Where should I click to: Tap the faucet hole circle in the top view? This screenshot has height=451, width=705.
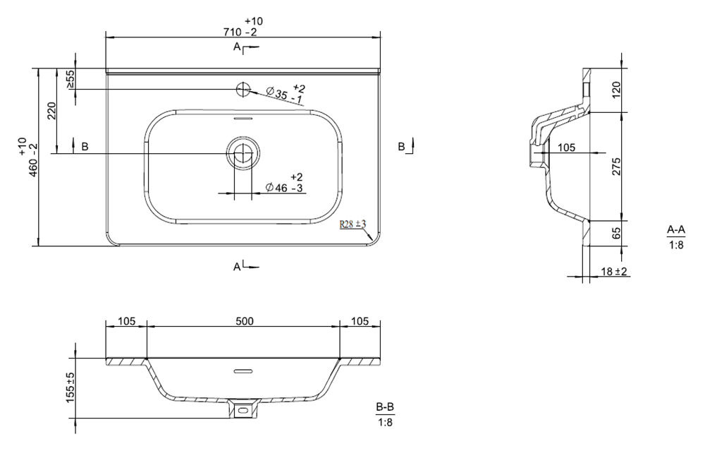coord(243,90)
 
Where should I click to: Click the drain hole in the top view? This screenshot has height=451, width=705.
coord(243,153)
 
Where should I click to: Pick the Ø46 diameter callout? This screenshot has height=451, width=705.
coord(284,182)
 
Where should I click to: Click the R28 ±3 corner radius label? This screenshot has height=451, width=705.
coord(353,224)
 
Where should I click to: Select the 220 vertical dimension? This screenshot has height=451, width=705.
coord(51,111)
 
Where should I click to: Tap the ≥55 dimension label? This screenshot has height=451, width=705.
coord(70,79)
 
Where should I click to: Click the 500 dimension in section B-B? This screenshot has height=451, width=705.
coord(245,321)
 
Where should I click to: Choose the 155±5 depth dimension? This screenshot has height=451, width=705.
coord(70,387)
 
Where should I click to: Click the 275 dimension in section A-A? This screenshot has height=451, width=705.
coord(616,167)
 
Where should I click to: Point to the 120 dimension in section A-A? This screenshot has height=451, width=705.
coord(616,90)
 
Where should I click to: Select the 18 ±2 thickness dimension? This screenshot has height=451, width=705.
coord(614,272)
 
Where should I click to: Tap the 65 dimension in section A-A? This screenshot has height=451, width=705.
coord(616,233)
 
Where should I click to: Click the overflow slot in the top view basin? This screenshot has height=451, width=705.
coord(243,119)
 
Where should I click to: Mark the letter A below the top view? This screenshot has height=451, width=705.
coord(237,267)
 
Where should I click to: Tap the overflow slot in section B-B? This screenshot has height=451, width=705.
coord(243,371)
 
